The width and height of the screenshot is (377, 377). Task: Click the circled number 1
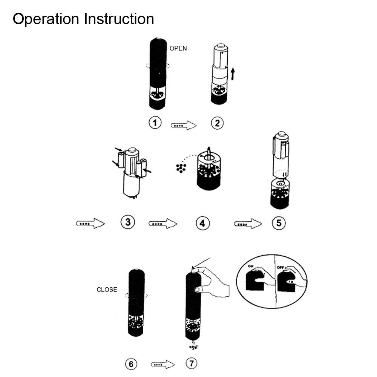click(x=155, y=123)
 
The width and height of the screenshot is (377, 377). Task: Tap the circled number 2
click(x=217, y=123)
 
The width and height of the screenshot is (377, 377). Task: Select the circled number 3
click(x=128, y=222)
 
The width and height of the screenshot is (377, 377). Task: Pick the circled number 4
click(x=202, y=223)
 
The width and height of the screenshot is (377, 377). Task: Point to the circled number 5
click(x=279, y=223)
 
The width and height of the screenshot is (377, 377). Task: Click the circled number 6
click(x=131, y=364)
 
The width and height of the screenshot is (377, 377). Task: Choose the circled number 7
click(x=192, y=363)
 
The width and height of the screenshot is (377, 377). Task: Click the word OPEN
click(x=178, y=48)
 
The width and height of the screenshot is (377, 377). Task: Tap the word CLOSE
click(x=107, y=290)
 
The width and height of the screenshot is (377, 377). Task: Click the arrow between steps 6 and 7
click(x=163, y=365)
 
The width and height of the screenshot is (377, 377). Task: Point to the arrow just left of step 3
click(x=90, y=223)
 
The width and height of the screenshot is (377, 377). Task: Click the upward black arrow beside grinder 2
click(x=233, y=74)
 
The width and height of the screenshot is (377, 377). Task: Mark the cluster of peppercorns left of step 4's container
click(x=181, y=168)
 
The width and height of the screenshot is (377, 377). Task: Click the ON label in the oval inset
click(x=251, y=267)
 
